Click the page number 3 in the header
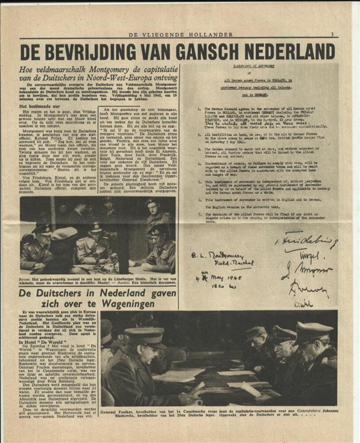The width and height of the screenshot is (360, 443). pyautogui.click(x=332, y=34)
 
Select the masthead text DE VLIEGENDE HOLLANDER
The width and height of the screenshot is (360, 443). pyautogui.click(x=180, y=34)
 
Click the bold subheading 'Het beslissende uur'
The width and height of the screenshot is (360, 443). pyautogui.click(x=41, y=106)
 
